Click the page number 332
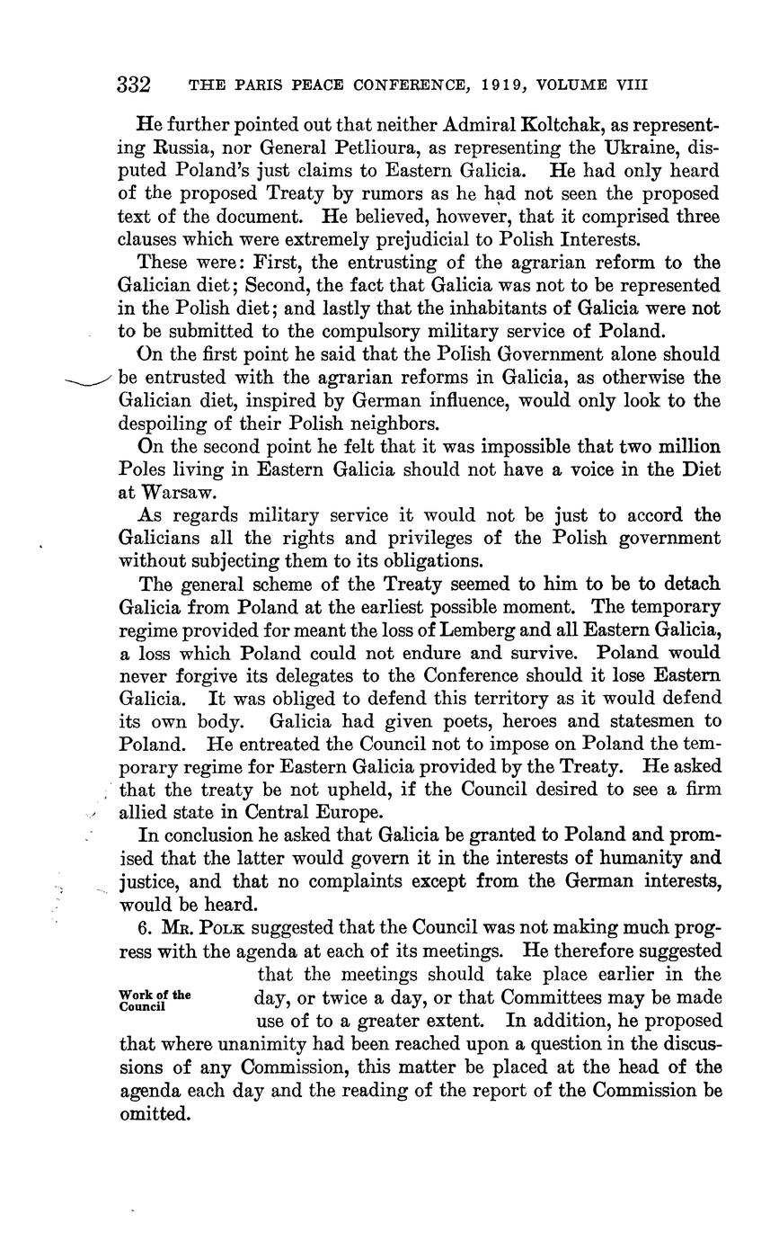pos(133,85)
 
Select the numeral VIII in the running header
pos(628,85)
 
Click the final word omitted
pos(155,1114)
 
